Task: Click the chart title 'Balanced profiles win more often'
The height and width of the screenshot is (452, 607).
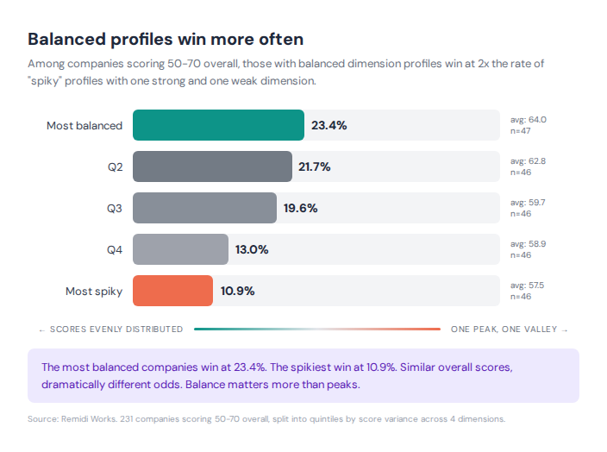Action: tap(166, 40)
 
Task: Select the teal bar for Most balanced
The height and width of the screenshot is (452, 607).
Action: tap(218, 125)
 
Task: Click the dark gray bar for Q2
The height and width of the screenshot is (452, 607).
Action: tap(212, 166)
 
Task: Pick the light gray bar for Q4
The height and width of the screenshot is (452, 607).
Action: tap(180, 249)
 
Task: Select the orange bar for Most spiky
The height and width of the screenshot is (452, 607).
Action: tap(172, 291)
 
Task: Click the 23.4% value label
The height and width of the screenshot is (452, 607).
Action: tap(329, 125)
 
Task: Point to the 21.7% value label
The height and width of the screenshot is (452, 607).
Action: tap(315, 166)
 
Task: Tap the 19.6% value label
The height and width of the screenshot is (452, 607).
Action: tap(301, 208)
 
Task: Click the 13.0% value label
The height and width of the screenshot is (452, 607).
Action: tap(252, 249)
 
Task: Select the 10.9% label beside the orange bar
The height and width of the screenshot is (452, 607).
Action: tap(237, 291)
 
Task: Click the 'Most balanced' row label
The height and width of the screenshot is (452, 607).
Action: tap(84, 125)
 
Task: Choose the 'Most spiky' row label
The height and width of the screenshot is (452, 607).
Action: tap(94, 291)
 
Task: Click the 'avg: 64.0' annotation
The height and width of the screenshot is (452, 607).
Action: tap(529, 119)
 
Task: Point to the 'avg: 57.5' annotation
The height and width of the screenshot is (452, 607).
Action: tap(528, 285)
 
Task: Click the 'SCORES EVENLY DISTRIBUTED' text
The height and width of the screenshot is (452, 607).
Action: tap(116, 329)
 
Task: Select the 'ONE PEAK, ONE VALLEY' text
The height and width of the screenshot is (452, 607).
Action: tap(505, 329)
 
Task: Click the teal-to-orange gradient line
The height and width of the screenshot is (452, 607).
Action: tap(316, 329)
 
